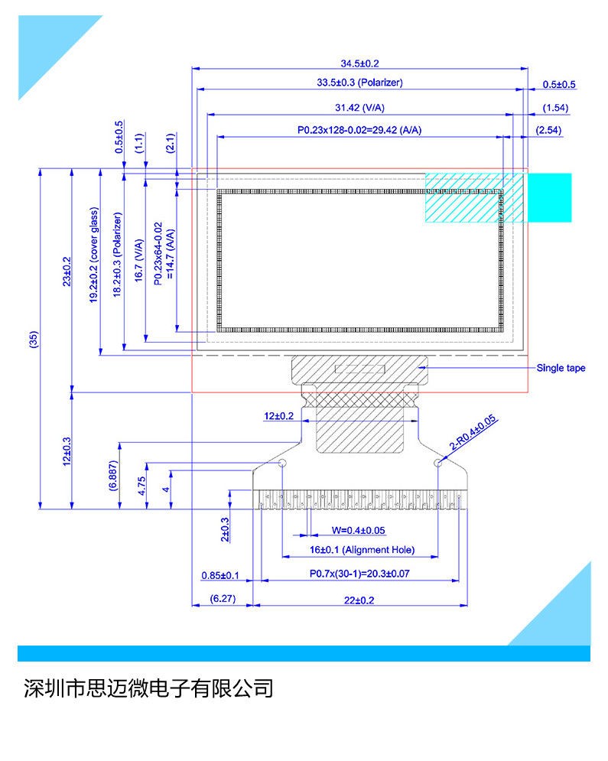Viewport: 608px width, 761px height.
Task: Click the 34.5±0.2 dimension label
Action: [x=359, y=63]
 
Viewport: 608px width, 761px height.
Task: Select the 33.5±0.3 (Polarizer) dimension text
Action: [x=359, y=83]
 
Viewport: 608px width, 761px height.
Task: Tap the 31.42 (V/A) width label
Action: [x=359, y=108]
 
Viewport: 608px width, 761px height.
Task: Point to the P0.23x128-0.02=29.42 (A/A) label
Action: [x=359, y=130]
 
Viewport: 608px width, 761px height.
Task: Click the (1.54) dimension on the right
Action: [x=555, y=108]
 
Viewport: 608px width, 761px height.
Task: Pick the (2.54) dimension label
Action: [x=548, y=130]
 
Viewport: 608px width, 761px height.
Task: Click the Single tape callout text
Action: [x=561, y=368]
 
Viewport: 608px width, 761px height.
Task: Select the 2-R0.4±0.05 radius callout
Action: [x=473, y=432]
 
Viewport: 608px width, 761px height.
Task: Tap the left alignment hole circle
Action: [x=282, y=463]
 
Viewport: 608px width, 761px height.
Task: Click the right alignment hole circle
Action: [x=437, y=463]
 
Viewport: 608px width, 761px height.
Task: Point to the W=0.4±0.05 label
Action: [x=358, y=531]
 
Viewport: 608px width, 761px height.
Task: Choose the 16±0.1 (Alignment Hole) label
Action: [x=362, y=550]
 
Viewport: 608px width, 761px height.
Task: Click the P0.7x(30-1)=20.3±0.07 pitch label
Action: [x=359, y=574]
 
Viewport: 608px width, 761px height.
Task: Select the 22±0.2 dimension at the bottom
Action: [x=359, y=600]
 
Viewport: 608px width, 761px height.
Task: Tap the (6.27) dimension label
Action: [x=223, y=598]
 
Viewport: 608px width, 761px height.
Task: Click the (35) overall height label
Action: [x=34, y=340]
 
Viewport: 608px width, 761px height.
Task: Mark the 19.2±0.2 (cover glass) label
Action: [x=93, y=255]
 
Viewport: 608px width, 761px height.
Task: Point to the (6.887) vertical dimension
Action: [x=112, y=476]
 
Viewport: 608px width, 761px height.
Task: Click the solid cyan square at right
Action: [x=549, y=197]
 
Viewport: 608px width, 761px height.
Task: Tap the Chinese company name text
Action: [x=148, y=688]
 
